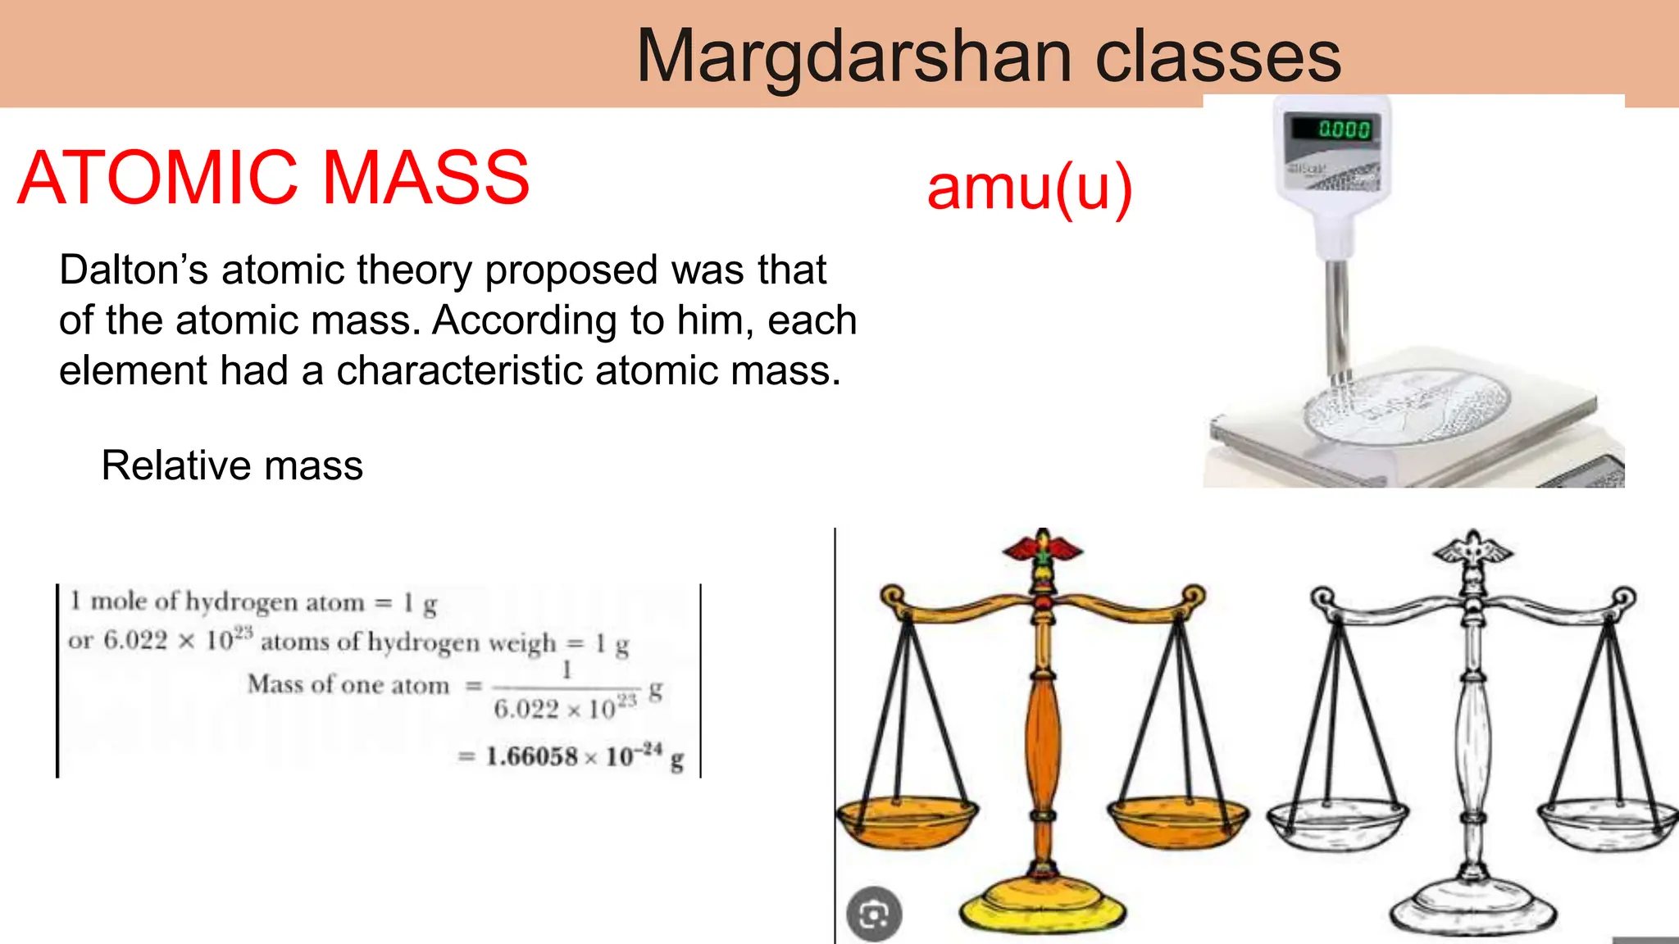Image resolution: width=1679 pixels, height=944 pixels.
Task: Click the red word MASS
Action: tap(425, 178)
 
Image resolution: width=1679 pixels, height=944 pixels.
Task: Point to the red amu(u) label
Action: tap(1030, 188)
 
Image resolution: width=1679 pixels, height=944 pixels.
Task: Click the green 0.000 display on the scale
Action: tap(1344, 129)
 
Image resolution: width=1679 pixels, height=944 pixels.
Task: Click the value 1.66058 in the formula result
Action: tap(531, 756)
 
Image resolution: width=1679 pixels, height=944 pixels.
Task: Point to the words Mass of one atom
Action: tap(348, 684)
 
